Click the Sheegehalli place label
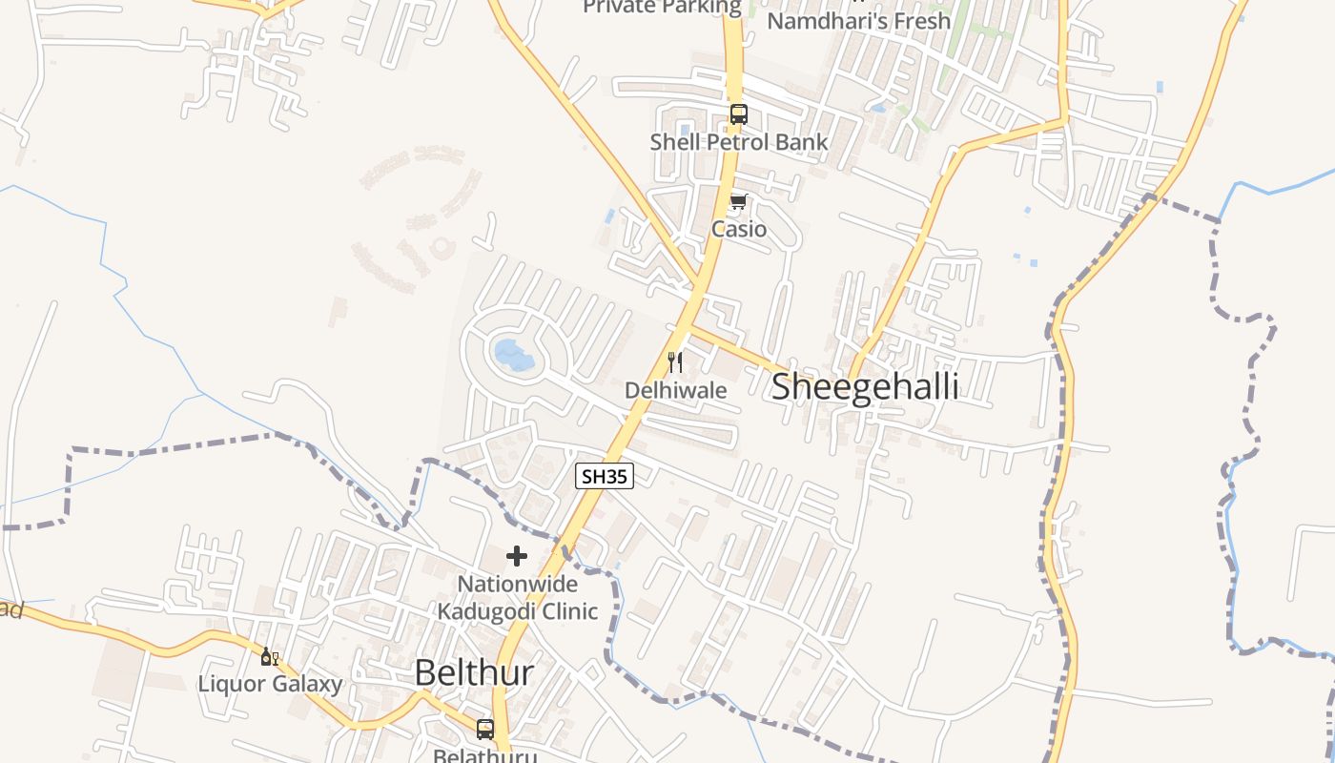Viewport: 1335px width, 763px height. coord(864,387)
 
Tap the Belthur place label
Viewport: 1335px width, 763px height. coord(474,673)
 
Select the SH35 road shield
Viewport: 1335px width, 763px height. coord(605,476)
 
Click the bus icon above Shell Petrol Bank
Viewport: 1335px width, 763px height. coord(738,114)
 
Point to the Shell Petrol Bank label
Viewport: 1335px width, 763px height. coord(738,143)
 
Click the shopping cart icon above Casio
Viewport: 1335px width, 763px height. coord(738,201)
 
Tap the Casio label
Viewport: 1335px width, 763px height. coord(738,229)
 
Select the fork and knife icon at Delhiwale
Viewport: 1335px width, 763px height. coord(675,361)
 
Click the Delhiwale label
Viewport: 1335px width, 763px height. coord(675,390)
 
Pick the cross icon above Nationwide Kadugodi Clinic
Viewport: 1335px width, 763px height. coord(517,555)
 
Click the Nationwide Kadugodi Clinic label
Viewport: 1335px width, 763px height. coord(517,597)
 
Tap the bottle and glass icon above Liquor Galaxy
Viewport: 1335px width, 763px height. coord(270,656)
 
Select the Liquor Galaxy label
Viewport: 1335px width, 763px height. coord(270,684)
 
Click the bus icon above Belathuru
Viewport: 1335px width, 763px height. coord(485,730)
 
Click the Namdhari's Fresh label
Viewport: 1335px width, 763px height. coord(858,21)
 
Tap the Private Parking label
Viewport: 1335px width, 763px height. coord(662,8)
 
